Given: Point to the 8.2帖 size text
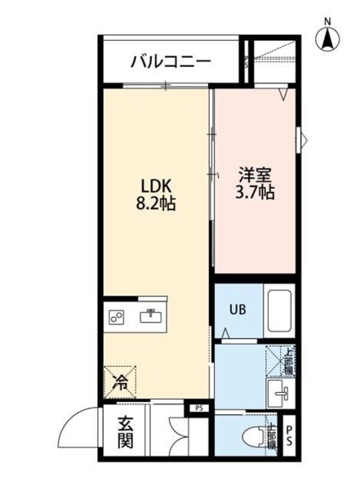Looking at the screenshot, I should pyautogui.click(x=157, y=204).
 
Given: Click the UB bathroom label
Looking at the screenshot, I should pyautogui.click(x=236, y=310).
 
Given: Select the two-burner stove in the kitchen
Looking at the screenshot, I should pyautogui.click(x=116, y=318).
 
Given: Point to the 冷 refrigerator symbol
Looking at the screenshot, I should pyautogui.click(x=121, y=382).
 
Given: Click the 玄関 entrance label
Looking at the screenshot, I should pyautogui.click(x=125, y=433).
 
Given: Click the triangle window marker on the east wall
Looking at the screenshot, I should pyautogui.click(x=303, y=141).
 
